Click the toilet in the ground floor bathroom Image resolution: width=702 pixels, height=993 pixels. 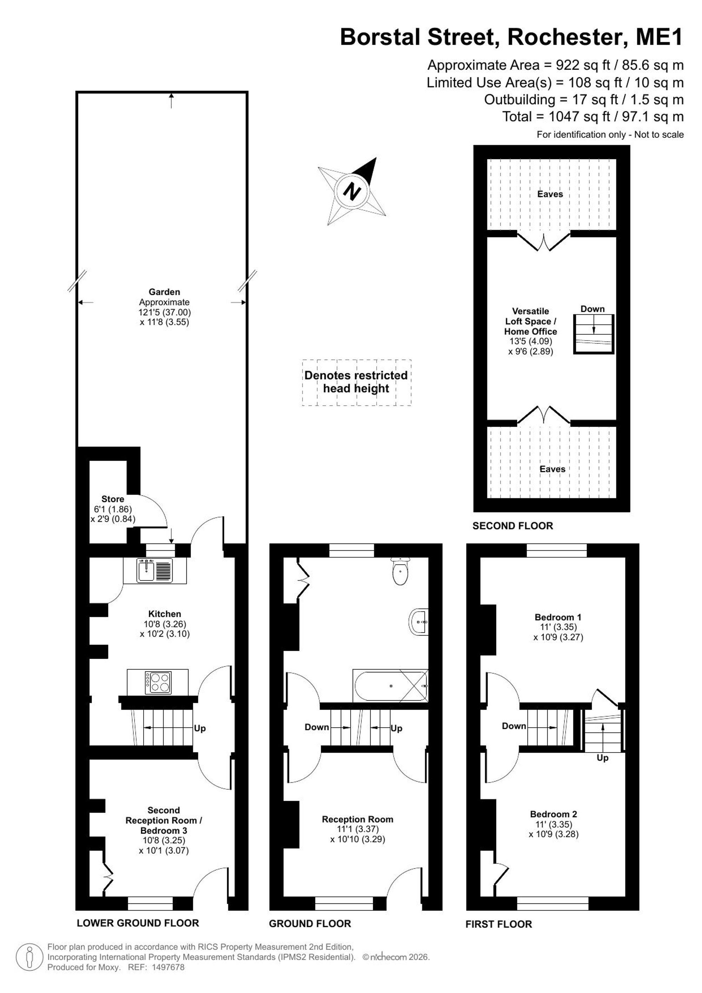(400, 571)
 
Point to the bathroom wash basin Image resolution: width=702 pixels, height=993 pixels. (418, 622)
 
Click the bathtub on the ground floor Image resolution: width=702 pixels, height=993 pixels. (391, 685)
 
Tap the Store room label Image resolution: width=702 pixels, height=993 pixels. (113, 499)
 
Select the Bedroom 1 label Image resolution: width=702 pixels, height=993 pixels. (558, 617)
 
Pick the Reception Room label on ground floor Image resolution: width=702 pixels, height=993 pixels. (357, 819)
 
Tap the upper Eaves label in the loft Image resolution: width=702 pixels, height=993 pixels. (550, 194)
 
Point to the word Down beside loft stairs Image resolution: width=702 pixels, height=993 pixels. (592, 309)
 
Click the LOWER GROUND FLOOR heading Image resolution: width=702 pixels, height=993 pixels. (138, 923)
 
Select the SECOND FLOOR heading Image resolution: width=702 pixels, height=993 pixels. (513, 526)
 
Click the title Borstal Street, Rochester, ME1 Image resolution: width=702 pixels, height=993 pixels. (511, 37)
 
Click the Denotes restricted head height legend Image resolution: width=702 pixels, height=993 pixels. (356, 382)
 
